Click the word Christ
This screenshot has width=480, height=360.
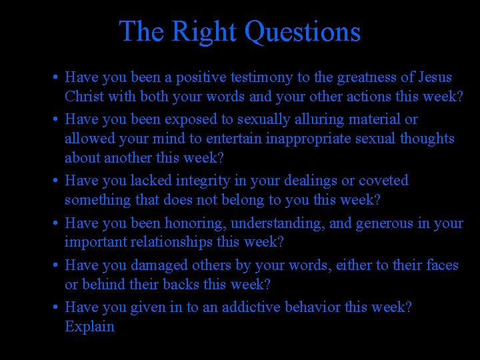click(x=85, y=97)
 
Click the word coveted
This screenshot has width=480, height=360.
click(x=383, y=181)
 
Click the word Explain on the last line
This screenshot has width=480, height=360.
click(x=89, y=327)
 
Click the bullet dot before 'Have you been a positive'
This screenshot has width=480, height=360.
click(x=55, y=79)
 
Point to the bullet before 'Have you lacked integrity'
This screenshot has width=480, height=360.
click(x=55, y=181)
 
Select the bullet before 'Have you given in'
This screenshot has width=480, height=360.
click(x=55, y=308)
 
